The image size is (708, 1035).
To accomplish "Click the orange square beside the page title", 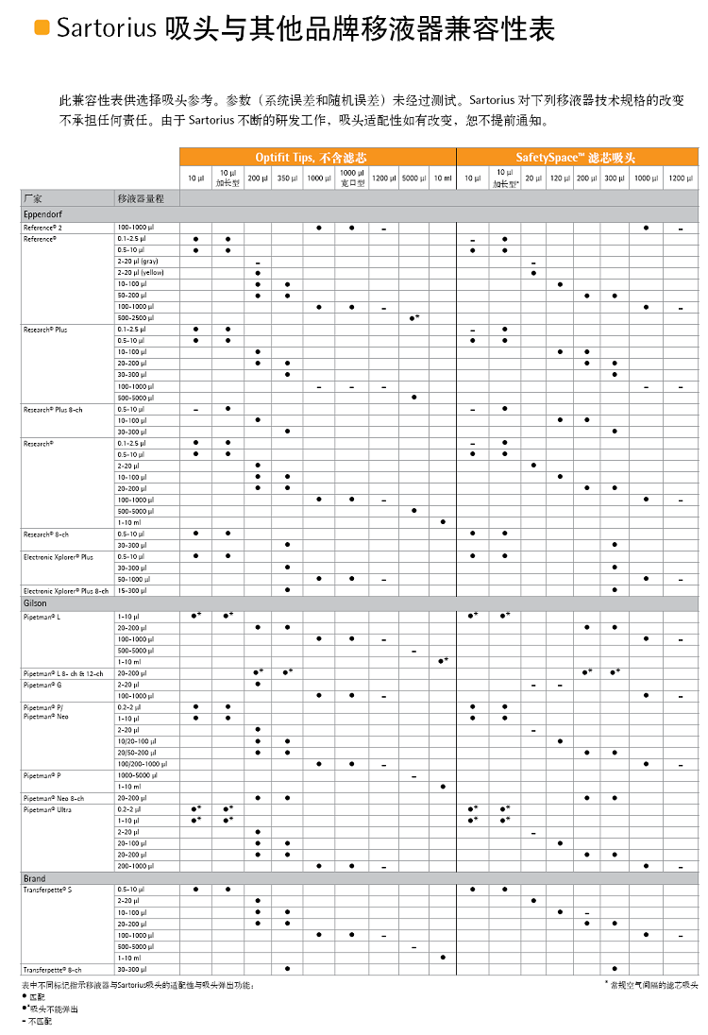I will point(42,28).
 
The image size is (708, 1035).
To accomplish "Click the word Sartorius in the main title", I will point(106,29).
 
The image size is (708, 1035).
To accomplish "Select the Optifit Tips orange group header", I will point(317,157).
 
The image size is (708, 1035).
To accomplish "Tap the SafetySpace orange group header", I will point(577,157).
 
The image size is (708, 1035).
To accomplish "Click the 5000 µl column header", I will point(413,178).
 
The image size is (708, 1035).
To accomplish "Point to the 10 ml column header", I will point(443,178).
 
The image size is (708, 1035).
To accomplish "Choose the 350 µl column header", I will point(287,178).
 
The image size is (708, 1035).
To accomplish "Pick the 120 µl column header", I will point(560,178).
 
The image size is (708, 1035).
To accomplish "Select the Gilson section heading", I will point(35,602).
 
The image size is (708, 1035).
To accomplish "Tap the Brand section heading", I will point(34,878).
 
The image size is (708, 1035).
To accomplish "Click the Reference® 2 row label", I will point(44,228).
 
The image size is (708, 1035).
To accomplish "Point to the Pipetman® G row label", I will point(42,685).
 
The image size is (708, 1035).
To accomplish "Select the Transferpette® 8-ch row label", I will point(53,969).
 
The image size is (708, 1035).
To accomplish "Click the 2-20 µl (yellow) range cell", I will point(141,273).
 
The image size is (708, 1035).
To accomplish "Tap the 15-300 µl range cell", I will point(133,590).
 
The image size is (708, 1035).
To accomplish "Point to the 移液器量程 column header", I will point(140,198).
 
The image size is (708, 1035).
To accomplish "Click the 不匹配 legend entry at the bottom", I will point(41,1021).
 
